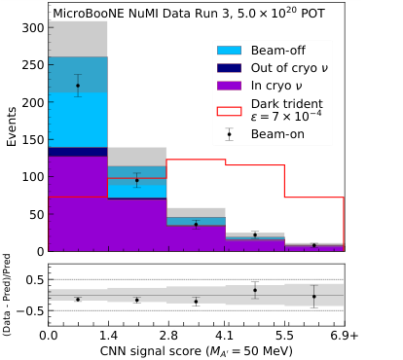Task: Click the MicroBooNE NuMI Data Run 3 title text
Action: (x=184, y=14)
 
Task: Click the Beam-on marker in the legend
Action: (x=230, y=134)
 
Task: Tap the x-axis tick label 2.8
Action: (x=166, y=334)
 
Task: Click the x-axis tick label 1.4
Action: (x=107, y=334)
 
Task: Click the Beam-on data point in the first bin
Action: (x=78, y=86)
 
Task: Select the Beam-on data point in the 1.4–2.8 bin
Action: (x=136, y=180)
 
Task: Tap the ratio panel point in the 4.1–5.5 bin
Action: (x=255, y=290)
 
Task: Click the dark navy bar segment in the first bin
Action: (x=78, y=151)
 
